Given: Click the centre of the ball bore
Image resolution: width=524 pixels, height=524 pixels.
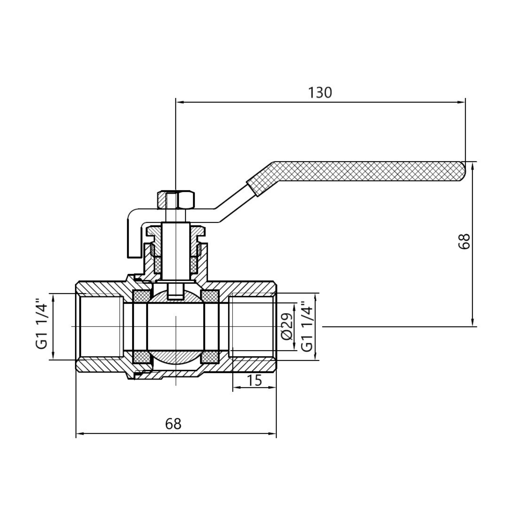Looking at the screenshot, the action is pos(176,327).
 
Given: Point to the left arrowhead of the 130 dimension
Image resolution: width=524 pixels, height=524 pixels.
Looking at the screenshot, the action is pos(180,102).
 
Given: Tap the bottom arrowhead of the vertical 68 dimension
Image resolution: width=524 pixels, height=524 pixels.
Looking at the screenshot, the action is pos(473,323).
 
